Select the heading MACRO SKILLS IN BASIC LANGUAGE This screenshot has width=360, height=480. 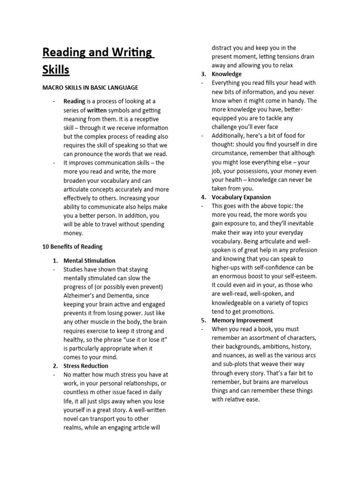90,88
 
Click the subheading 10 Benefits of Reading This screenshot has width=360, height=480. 72,247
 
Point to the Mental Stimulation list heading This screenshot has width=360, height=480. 89,261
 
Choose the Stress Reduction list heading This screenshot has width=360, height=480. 86,366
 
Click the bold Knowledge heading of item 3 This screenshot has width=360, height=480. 226,74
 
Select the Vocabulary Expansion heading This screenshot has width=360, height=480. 241,197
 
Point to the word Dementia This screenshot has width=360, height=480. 122,296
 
